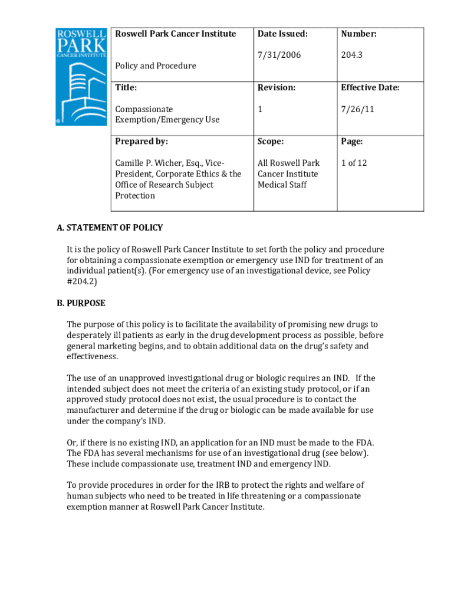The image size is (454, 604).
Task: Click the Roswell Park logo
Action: [81, 76]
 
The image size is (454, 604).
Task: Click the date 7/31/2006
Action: [279, 55]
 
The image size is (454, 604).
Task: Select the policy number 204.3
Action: [352, 55]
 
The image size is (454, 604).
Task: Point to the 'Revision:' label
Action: [277, 88]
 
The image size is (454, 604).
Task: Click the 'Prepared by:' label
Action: [142, 142]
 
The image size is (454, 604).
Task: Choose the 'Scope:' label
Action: [271, 142]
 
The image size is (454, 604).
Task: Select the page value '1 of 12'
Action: [354, 163]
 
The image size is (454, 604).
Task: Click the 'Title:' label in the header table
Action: [126, 88]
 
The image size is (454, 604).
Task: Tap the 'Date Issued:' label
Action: [282, 34]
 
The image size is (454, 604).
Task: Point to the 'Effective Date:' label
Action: [370, 88]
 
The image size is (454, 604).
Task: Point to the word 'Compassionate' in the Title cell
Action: [144, 109]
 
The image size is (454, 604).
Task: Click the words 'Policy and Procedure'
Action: [156, 65]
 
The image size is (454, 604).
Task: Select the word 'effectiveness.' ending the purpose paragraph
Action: [93, 356]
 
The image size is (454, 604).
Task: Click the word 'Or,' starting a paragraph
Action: [73, 442]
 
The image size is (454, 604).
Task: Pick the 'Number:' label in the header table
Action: [359, 34]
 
